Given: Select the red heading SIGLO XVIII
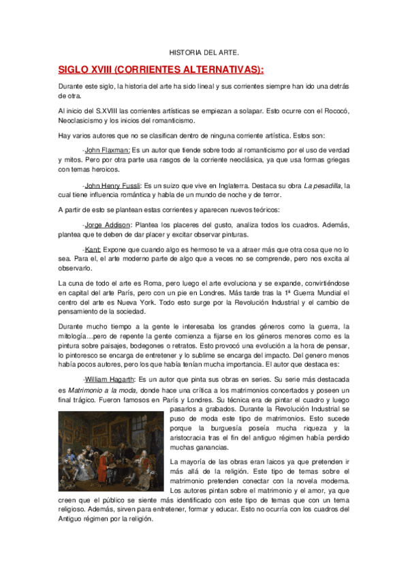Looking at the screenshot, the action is [x=161, y=70].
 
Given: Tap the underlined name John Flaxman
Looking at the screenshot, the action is [x=108, y=150].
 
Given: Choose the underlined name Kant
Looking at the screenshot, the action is [x=93, y=250].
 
